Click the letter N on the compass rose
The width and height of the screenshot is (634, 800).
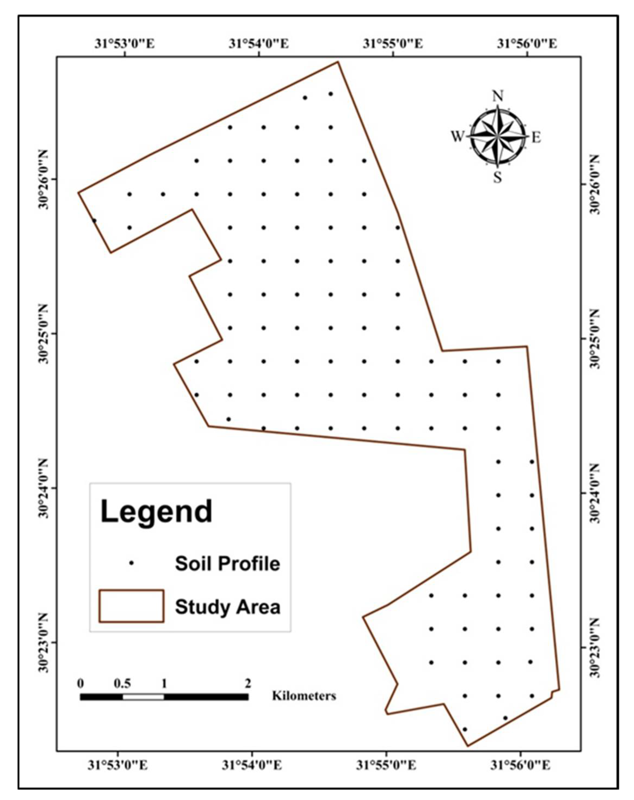click(x=497, y=96)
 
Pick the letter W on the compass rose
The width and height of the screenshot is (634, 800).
click(x=457, y=137)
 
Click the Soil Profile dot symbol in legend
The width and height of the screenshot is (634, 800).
click(x=131, y=563)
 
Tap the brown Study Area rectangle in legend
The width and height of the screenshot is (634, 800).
click(x=131, y=606)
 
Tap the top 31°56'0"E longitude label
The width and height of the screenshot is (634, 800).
click(x=527, y=44)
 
